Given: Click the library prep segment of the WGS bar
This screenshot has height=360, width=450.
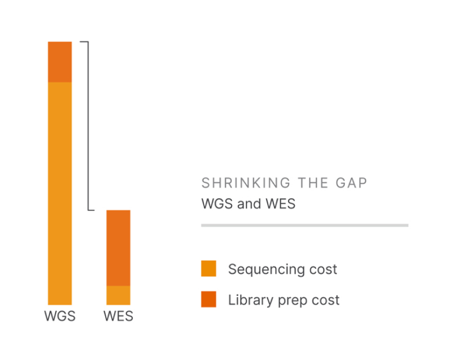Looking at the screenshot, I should coord(60,62).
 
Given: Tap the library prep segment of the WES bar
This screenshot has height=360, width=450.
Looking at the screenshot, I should coord(118,247).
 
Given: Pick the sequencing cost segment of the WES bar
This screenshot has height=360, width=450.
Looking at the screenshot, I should coord(118,295).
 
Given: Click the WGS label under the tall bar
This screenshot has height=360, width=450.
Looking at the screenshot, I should coord(60,316).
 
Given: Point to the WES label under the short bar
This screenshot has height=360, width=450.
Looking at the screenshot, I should coord(118,316).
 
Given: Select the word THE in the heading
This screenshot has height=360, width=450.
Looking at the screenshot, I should coord(312,183).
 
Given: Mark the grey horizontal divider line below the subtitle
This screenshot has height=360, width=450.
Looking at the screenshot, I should coord(304,225).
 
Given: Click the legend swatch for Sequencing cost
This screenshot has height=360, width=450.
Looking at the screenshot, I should coord(208,269).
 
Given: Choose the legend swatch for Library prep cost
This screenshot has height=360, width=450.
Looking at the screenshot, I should coord(208,300).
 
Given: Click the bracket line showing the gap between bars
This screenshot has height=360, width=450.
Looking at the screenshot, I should coord(88,126).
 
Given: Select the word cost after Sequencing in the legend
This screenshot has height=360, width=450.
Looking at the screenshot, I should coord(322,269).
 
